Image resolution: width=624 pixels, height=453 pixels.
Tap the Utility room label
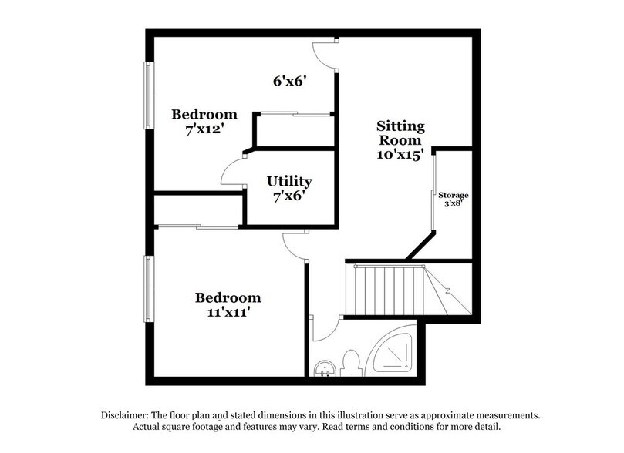pyautogui.click(x=289, y=182)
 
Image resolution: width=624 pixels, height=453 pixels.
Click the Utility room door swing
pyautogui.click(x=232, y=173)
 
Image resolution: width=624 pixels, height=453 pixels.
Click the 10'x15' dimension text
pyautogui.click(x=400, y=153)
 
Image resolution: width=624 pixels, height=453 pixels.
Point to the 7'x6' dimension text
pyautogui.click(x=289, y=196)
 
